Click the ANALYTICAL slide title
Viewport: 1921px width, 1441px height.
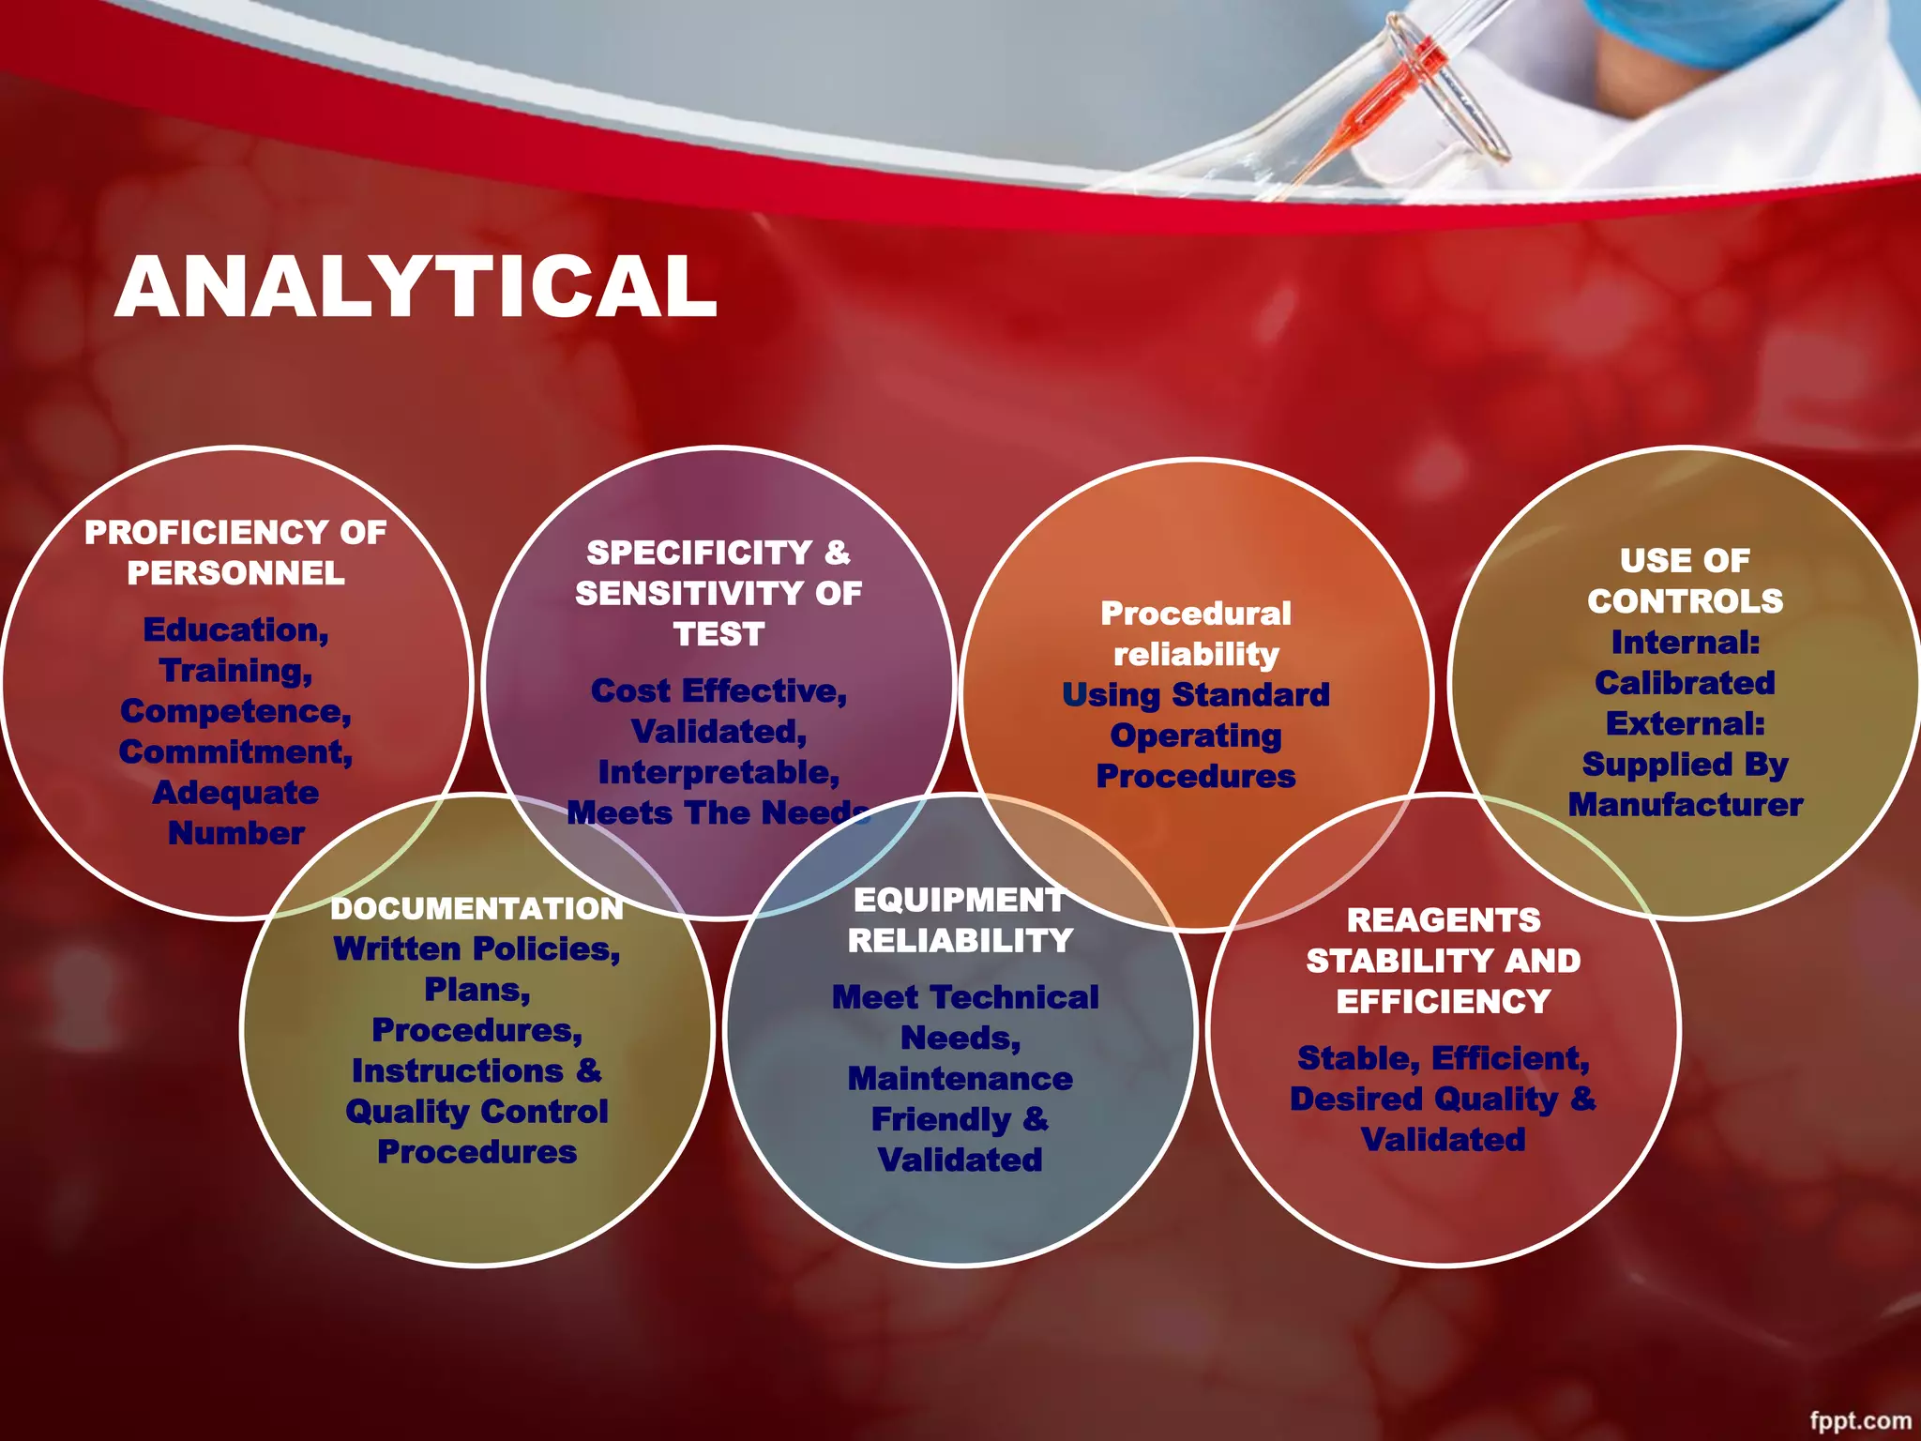[416, 287]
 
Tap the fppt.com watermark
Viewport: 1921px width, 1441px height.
[1860, 1421]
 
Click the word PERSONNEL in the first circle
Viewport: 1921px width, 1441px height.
[235, 573]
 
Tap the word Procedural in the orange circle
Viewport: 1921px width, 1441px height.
[1196, 614]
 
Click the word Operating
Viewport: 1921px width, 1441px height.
[1196, 736]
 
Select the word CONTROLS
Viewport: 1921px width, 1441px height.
[1685, 601]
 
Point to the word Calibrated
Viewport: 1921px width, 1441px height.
[1685, 683]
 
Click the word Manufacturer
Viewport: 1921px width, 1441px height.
[1685, 805]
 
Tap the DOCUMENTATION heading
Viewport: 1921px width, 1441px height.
[476, 908]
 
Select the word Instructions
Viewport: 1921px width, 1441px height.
[457, 1071]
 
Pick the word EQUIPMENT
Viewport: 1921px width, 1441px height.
[959, 900]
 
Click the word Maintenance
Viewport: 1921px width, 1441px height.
[960, 1079]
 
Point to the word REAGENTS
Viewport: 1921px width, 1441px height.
[1444, 920]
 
